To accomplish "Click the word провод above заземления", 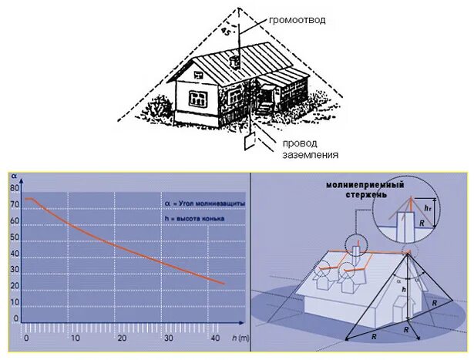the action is coord(299,143).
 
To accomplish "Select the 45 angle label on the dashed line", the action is coord(225,32).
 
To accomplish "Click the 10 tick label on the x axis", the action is coord(75,338).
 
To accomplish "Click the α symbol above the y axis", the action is coord(14,177).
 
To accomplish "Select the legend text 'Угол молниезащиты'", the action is coord(210,202).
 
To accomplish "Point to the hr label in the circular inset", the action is coord(429,207).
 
